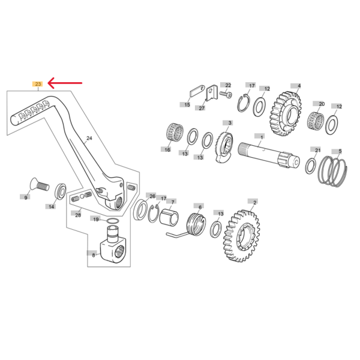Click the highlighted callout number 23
[x=38, y=84]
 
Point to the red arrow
[x=65, y=83]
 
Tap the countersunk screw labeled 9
[x=40, y=184]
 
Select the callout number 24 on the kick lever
[x=89, y=138]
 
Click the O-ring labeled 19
[x=113, y=221]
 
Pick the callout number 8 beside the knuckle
[x=94, y=255]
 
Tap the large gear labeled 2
[x=241, y=236]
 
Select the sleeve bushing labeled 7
[x=169, y=217]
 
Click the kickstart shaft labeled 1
[x=268, y=155]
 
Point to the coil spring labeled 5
[x=332, y=171]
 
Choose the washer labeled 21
[x=310, y=166]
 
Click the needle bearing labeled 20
[x=316, y=121]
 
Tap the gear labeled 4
[x=285, y=113]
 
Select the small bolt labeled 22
[x=226, y=94]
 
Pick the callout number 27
[x=202, y=108]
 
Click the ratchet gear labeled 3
[x=224, y=147]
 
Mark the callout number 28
[x=78, y=215]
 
